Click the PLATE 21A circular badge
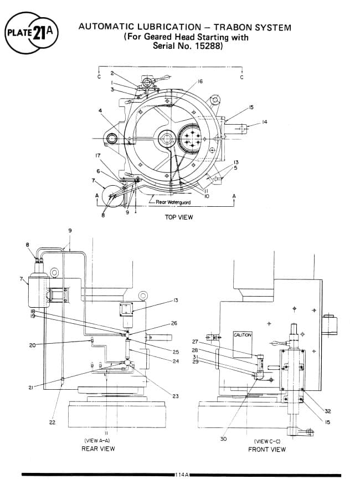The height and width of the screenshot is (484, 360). (x=32, y=33)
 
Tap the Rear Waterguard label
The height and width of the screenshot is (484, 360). (x=173, y=202)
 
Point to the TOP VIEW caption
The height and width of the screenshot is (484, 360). (x=179, y=217)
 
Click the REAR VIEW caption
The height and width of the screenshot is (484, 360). (x=98, y=448)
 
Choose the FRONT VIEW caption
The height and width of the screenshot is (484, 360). (x=267, y=449)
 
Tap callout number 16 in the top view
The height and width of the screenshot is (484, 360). (x=200, y=81)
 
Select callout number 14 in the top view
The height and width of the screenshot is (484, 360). (x=264, y=122)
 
